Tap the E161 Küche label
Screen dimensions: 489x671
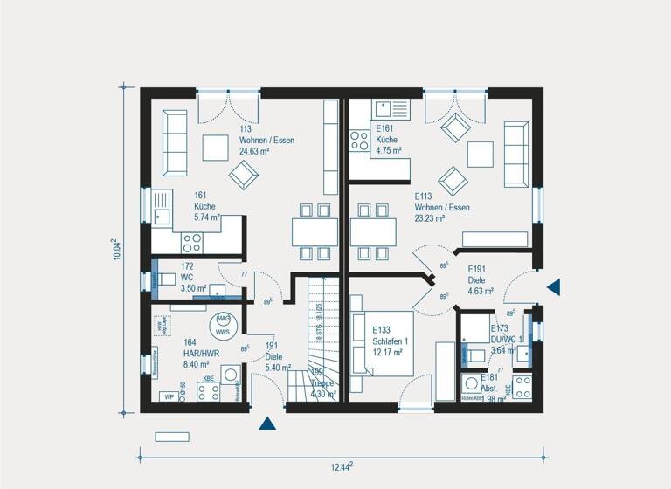pos(388,140)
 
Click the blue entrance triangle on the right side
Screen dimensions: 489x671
pos(553,286)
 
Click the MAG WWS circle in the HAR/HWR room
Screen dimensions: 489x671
pos(223,325)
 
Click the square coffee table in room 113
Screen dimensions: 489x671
pos(217,148)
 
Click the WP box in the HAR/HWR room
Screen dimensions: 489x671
pos(168,397)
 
